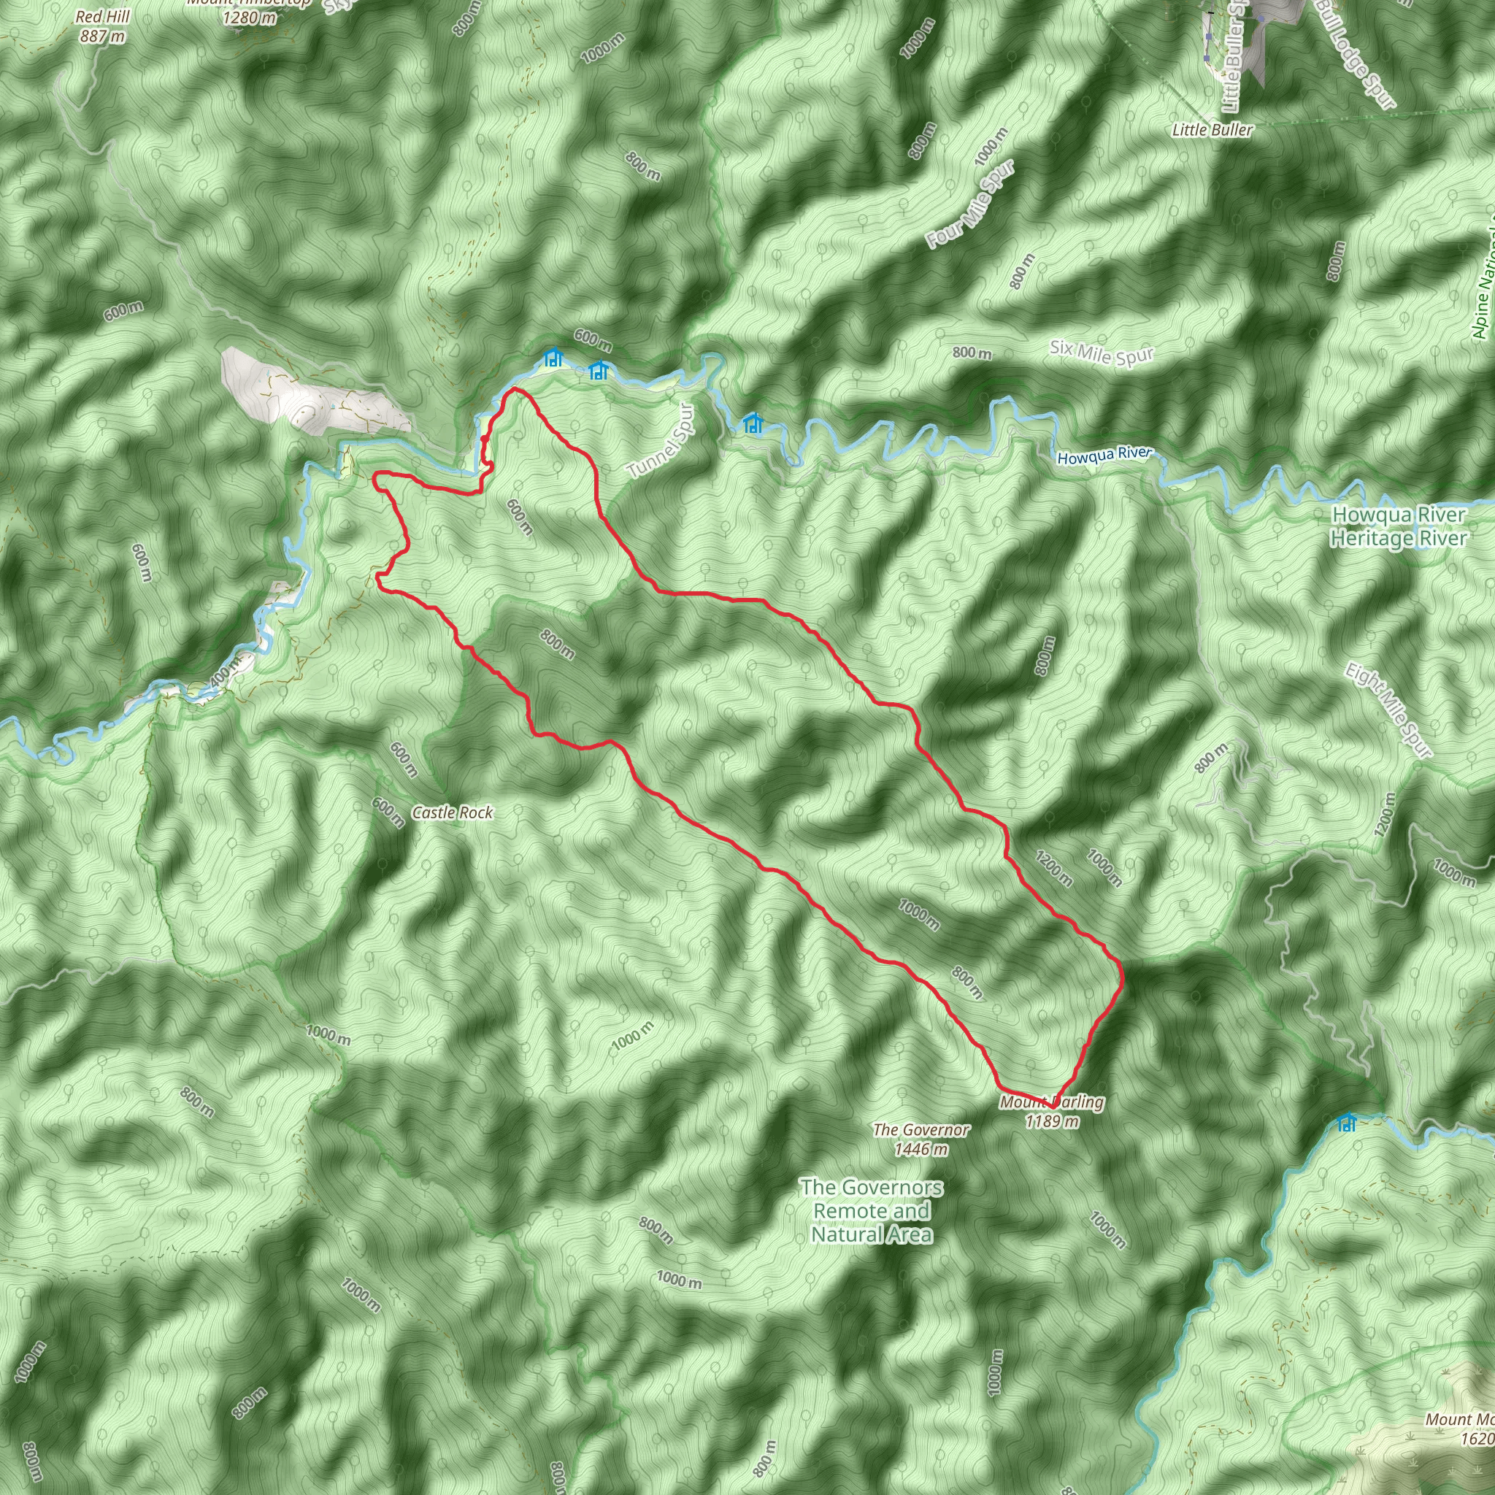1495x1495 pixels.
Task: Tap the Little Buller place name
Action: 1212,130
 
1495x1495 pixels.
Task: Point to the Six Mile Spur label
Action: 1102,353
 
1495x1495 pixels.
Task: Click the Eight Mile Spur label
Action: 1388,710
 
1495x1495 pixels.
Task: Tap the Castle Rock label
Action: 452,812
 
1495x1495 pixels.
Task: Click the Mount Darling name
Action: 1053,1102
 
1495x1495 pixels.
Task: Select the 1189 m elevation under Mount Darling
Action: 1053,1121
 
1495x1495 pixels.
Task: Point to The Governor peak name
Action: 921,1130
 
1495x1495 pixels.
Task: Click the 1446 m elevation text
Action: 921,1149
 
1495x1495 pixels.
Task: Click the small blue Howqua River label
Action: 1104,456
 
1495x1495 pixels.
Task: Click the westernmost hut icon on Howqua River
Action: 552,358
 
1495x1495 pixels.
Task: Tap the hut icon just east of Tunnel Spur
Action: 752,423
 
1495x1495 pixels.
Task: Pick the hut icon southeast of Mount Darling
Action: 1348,1122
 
